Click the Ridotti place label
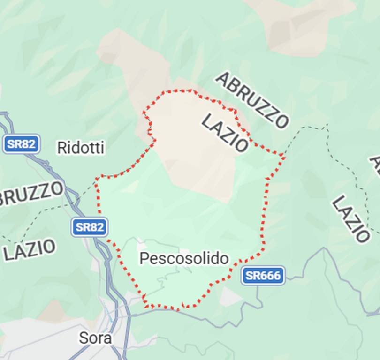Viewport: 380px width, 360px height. coord(80,148)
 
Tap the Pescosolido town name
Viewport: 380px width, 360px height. coord(184,258)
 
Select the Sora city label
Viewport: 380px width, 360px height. coord(95,337)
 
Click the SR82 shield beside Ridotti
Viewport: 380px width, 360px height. coord(21,144)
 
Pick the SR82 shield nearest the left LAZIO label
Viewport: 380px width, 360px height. coord(90,227)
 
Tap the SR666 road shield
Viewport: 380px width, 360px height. coord(263,276)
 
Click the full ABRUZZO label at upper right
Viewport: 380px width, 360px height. coord(251,100)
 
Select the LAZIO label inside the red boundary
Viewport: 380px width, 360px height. coord(225,133)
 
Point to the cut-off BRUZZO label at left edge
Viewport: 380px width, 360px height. coord(31,193)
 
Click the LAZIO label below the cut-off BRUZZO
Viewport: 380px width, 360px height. coord(30,249)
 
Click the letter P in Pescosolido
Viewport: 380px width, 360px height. coord(144,258)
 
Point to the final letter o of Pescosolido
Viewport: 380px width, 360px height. coord(224,258)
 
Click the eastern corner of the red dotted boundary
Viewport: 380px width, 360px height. coord(284,154)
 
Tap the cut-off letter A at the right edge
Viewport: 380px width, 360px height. coord(376,164)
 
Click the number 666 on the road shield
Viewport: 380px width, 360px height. coord(269,276)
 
